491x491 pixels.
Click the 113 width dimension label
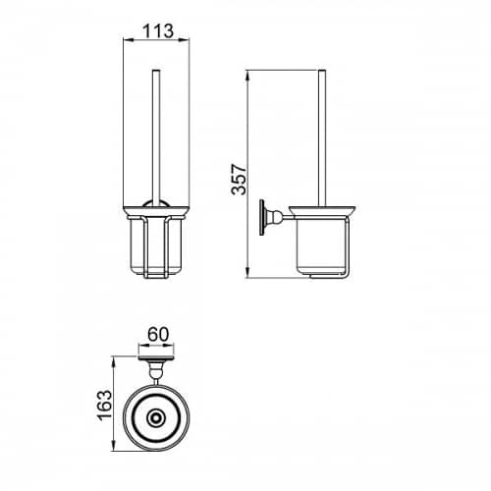pos(158,31)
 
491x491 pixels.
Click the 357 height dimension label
pos(239,180)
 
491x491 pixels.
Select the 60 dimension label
pos(158,335)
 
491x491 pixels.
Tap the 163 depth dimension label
pos(105,405)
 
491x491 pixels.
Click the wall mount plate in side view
pos(262,217)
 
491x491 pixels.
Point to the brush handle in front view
pos(156,138)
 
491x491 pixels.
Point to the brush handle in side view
pos(322,138)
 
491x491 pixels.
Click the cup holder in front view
pos(156,247)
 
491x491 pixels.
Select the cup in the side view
pos(320,245)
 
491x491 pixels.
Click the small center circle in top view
pos(155,418)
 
